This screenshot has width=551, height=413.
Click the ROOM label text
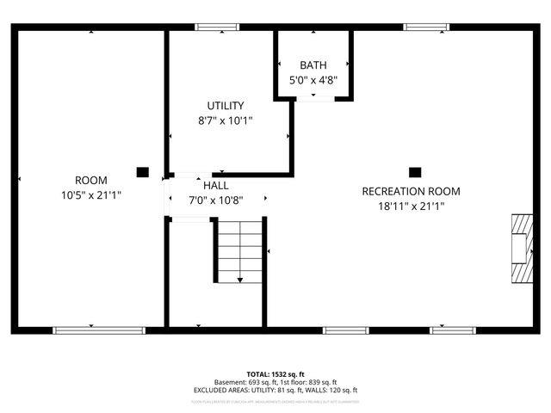pyautogui.click(x=90, y=180)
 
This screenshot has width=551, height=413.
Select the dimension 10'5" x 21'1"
pyautogui.click(x=90, y=195)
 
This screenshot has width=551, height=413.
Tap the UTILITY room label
pyautogui.click(x=225, y=105)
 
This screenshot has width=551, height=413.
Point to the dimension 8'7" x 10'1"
pyautogui.click(x=225, y=120)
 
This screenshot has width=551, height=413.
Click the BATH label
pyautogui.click(x=313, y=65)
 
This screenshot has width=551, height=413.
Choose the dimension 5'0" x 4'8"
pyautogui.click(x=313, y=81)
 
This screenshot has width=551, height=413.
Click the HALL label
pyautogui.click(x=215, y=185)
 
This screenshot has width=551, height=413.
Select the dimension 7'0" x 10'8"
pyautogui.click(x=215, y=200)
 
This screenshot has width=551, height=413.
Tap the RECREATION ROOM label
pyautogui.click(x=411, y=191)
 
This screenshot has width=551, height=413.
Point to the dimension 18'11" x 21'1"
pyautogui.click(x=411, y=206)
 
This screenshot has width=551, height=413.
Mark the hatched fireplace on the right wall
pyautogui.click(x=520, y=248)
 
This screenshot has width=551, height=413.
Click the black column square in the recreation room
pyautogui.click(x=414, y=171)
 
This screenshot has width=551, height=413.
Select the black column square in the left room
pyautogui.click(x=142, y=171)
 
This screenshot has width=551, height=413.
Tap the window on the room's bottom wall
pyautogui.click(x=99, y=330)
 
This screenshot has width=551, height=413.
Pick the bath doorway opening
pyautogui.click(x=315, y=99)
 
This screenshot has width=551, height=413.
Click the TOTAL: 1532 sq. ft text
pyautogui.click(x=275, y=374)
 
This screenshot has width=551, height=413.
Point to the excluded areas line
pyautogui.click(x=275, y=391)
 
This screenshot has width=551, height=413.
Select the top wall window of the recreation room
pyautogui.click(x=427, y=27)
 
